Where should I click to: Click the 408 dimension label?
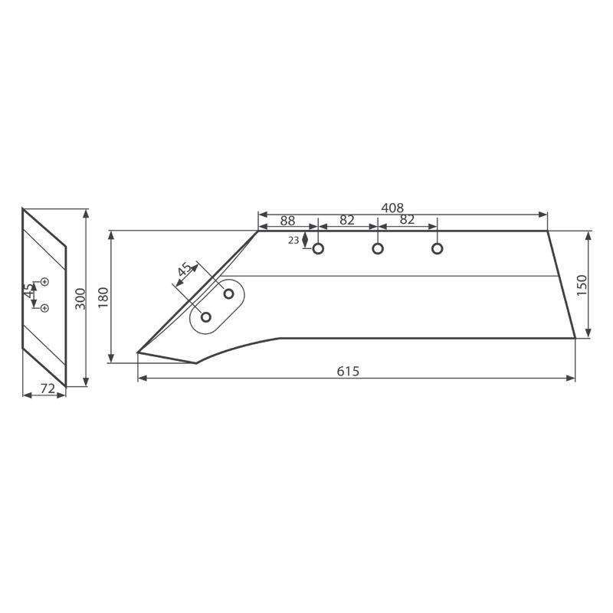392,208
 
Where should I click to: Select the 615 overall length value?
348,371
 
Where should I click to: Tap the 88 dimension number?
288,221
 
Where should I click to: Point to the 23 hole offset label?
293,241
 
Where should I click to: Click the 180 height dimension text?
103,297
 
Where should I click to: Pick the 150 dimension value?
582,285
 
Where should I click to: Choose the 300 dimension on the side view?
80,299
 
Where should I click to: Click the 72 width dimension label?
48,388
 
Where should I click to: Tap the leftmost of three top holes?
318,248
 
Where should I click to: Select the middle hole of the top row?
378,248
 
